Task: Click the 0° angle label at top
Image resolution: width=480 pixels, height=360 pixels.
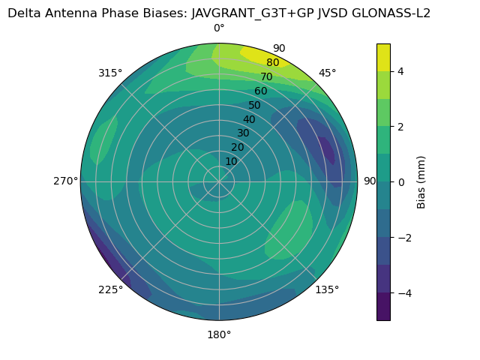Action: (219, 28)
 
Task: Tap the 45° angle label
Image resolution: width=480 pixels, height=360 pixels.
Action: (327, 73)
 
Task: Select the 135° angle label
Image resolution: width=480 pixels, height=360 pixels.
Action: (327, 289)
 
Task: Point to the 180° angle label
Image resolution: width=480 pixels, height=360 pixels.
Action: (219, 334)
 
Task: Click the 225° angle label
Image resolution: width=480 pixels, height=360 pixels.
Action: (110, 289)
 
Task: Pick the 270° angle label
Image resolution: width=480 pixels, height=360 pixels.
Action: (65, 181)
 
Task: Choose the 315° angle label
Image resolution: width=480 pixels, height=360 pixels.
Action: (110, 73)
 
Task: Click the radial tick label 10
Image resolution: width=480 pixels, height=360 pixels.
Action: (231, 161)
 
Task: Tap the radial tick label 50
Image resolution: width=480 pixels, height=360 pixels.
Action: (254, 105)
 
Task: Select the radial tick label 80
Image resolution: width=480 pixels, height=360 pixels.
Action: (272, 62)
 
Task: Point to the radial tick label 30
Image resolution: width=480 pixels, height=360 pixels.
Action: (243, 133)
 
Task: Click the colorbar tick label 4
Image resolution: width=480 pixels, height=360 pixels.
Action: (401, 71)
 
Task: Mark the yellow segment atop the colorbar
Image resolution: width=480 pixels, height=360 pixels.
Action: (383, 57)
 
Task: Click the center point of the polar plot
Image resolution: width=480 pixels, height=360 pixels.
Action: (219, 181)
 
